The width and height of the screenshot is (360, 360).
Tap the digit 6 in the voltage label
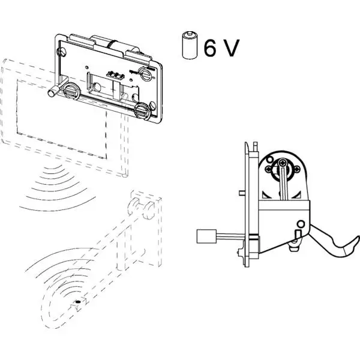pyautogui.click(x=211, y=47)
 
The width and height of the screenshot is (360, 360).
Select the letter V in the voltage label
pyautogui.click(x=230, y=47)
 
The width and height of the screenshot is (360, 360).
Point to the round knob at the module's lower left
pyautogui.click(x=70, y=92)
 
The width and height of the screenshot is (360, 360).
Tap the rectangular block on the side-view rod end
pyautogui.click(x=206, y=237)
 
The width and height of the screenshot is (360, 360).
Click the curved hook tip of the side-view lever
pyautogui.click(x=346, y=247)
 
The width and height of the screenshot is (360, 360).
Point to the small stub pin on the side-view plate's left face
pyautogui.click(x=240, y=193)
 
